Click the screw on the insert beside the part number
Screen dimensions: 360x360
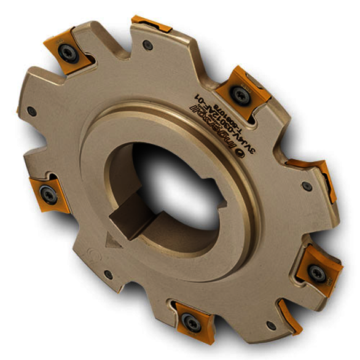[x=238, y=93]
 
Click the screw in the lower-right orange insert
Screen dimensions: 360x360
[x=316, y=273]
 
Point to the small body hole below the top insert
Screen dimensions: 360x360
[x=147, y=45]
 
